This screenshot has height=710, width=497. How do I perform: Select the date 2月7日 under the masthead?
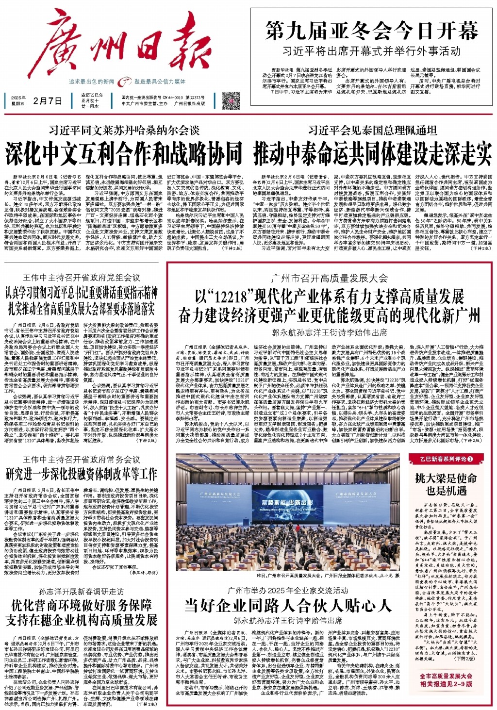point(48,101)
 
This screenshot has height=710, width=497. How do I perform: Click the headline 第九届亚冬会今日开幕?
point(372,32)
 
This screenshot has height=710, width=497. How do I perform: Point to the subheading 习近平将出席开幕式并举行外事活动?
point(372,50)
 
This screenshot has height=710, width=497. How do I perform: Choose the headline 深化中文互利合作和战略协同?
point(124,153)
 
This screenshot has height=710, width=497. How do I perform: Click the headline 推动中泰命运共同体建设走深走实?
point(373,153)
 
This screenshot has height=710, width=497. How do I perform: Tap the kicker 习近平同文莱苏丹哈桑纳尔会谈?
point(124,131)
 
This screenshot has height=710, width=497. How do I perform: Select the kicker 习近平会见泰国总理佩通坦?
point(373,131)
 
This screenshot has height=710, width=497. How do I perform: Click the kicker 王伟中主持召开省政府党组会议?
point(82,278)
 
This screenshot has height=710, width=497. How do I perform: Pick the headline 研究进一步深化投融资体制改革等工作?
point(82,473)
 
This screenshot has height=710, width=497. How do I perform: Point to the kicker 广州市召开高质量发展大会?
point(330,278)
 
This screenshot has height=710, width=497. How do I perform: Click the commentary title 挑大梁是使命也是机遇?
point(446,484)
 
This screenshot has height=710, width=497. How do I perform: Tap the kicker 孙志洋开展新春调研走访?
point(82,592)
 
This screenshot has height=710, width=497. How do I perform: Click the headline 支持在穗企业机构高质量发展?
point(82,620)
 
